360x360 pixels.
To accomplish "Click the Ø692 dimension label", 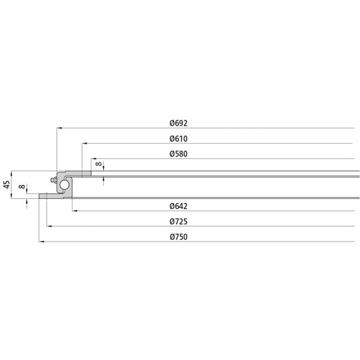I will coord(178,123).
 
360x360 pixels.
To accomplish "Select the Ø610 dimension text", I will coord(178,139).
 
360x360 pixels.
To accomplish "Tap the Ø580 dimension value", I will coord(178,154).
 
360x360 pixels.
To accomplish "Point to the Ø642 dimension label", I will coord(178,206).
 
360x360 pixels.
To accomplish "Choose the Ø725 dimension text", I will coord(178,222).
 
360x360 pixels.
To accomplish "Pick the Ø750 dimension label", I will coord(178,238).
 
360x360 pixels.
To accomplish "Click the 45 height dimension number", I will coord(7,185).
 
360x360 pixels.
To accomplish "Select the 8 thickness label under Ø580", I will coord(98,164).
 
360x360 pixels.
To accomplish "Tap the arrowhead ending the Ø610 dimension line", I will coord(84,143).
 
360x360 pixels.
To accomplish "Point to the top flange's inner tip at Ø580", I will coord(91,173).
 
